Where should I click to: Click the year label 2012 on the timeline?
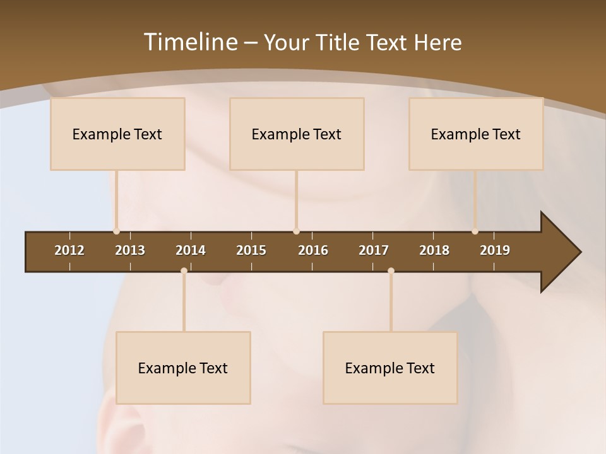[x=69, y=250]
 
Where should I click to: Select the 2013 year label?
[x=130, y=250]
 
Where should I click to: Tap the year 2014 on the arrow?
[x=191, y=250]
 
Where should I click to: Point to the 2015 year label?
[x=251, y=250]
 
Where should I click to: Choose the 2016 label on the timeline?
[x=313, y=250]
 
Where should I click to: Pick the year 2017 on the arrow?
[x=374, y=250]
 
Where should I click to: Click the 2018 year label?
[x=434, y=250]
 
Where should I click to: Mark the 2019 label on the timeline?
[x=495, y=250]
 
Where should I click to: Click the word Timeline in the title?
[x=190, y=42]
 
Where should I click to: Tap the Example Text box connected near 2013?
[x=117, y=134]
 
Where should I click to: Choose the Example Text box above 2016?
[x=297, y=134]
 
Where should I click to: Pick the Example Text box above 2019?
[x=476, y=134]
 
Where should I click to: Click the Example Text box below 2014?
[x=183, y=368]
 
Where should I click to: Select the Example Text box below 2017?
[x=390, y=368]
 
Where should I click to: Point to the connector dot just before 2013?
[x=116, y=231]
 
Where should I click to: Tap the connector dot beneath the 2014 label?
[x=184, y=271]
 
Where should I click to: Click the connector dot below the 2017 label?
[x=391, y=271]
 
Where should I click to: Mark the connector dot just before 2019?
[x=475, y=231]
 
